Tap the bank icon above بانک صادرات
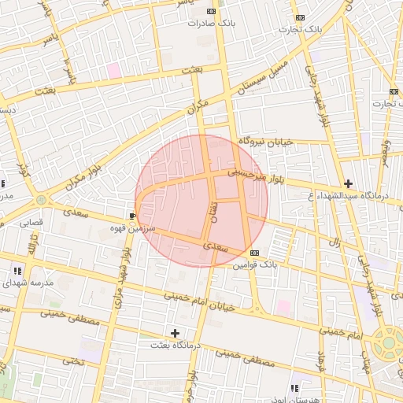click(211, 11)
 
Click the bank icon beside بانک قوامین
click(253, 253)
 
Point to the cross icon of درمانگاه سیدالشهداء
click(349, 183)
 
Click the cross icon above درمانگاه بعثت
click(175, 333)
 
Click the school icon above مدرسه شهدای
click(17, 271)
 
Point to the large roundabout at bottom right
click(388, 344)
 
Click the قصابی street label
click(30, 223)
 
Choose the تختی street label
click(72, 360)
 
